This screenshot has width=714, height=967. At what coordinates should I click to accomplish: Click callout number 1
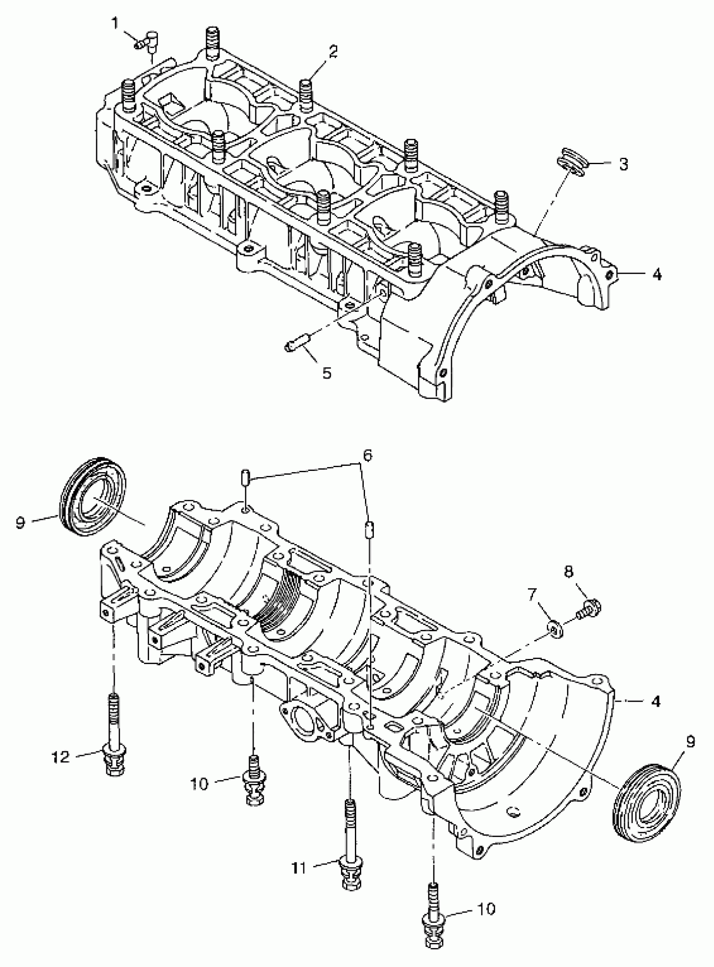pyautogui.click(x=115, y=23)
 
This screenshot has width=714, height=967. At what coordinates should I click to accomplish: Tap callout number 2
pyautogui.click(x=332, y=52)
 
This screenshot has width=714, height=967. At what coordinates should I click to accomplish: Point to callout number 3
pyautogui.click(x=623, y=164)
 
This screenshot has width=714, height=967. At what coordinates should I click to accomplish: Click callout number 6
pyautogui.click(x=367, y=455)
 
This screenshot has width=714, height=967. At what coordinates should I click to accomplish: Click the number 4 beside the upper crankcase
pyautogui.click(x=656, y=274)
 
